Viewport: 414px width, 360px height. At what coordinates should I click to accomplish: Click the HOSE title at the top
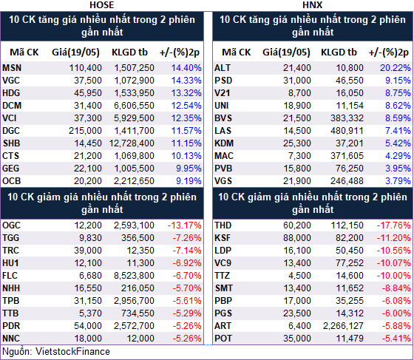(102, 5)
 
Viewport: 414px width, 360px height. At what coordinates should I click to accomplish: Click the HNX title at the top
(312, 5)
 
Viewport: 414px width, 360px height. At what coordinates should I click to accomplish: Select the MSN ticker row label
(12, 68)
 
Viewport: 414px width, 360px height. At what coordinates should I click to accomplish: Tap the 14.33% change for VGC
(186, 81)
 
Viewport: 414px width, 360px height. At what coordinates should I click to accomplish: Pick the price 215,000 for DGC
(85, 131)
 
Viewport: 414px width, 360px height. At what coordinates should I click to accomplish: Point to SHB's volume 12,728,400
(132, 143)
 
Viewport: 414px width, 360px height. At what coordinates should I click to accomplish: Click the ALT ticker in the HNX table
(223, 68)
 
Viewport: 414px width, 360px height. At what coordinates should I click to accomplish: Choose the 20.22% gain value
(396, 68)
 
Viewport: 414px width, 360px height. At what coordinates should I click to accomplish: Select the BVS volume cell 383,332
(347, 118)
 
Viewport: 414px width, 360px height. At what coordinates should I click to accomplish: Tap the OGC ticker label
(11, 225)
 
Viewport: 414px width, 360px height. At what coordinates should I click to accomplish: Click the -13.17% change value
(185, 225)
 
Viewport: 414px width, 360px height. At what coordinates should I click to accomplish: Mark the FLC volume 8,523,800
(134, 276)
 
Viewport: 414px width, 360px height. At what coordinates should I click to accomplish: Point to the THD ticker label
(223, 225)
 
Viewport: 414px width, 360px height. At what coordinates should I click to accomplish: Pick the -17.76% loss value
(393, 225)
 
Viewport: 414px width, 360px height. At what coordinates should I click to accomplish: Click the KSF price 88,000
(297, 238)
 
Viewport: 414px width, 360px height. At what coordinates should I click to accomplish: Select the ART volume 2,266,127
(343, 326)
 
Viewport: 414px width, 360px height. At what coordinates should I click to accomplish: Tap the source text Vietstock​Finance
(72, 352)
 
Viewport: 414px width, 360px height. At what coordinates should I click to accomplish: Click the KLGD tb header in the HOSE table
(129, 52)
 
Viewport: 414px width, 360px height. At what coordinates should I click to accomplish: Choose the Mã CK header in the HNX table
(237, 52)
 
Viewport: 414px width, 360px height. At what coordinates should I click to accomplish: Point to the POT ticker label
(223, 339)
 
